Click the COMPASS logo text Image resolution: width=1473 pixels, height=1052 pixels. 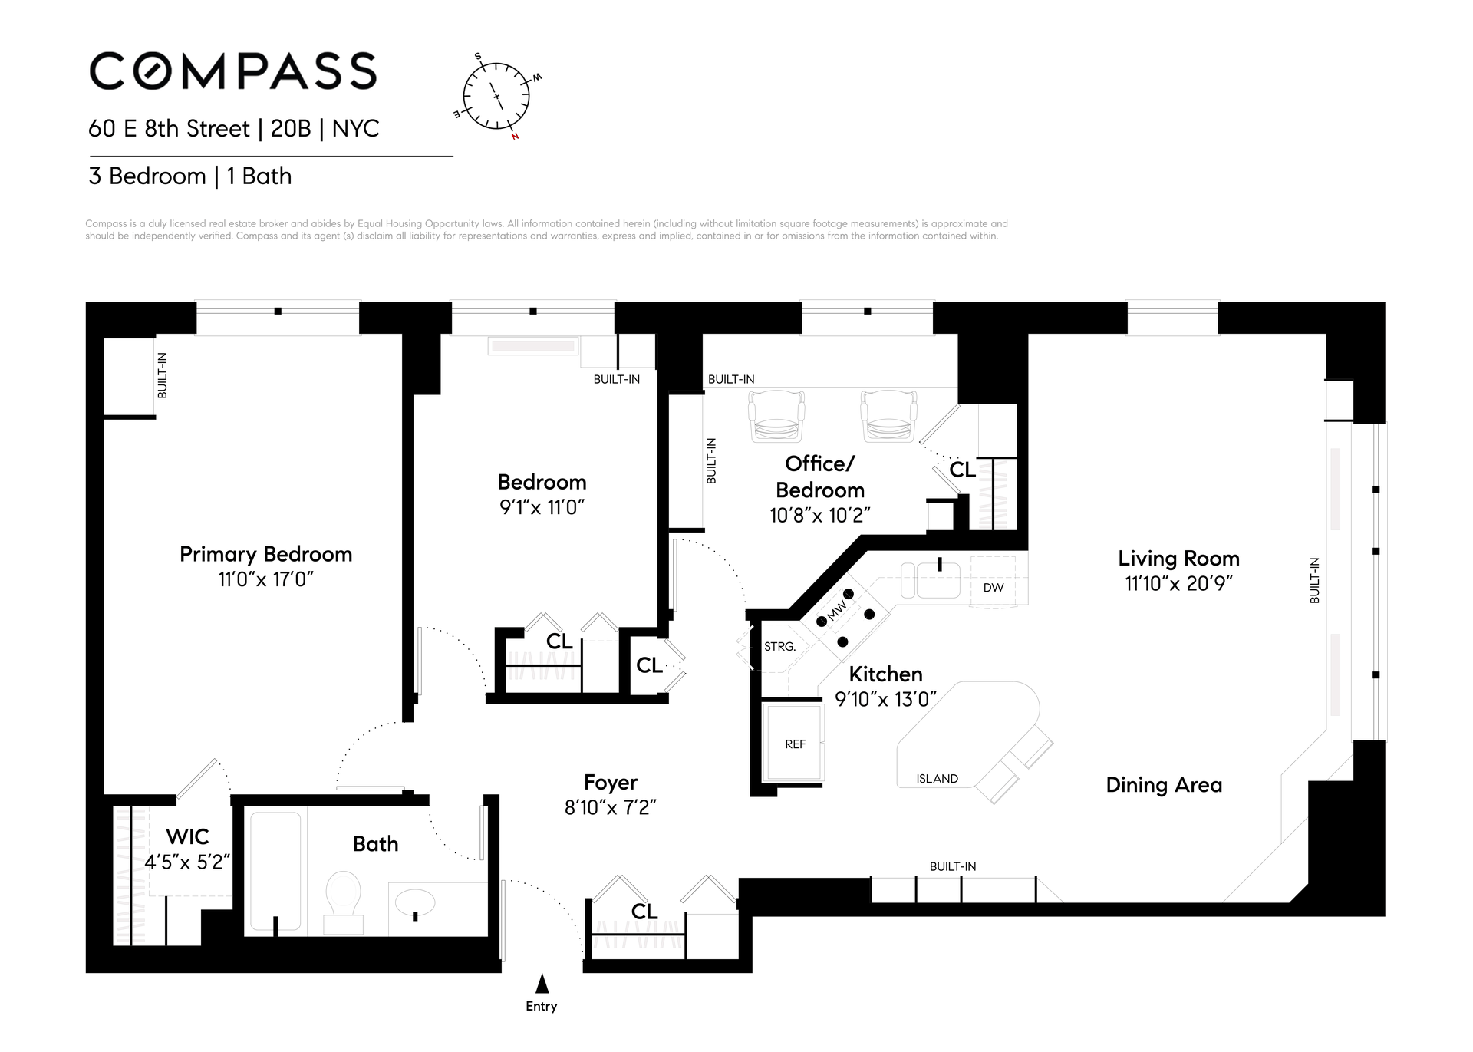(x=233, y=71)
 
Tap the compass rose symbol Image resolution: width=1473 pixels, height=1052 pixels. (x=496, y=96)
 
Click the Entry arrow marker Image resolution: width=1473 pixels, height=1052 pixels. (x=542, y=984)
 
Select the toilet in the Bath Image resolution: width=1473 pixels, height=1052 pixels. (x=343, y=901)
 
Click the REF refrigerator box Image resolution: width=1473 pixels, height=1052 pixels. (x=794, y=743)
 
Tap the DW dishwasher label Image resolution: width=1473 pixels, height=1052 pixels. (x=994, y=588)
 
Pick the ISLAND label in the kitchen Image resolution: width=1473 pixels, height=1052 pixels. (x=937, y=779)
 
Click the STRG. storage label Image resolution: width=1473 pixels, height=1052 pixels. (x=779, y=647)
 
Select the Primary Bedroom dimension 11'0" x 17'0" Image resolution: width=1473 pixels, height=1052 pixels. (x=265, y=579)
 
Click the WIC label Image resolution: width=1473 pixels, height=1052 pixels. (x=187, y=836)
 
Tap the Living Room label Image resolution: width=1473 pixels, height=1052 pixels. (x=1178, y=559)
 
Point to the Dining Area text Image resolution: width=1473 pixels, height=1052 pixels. (x=1164, y=785)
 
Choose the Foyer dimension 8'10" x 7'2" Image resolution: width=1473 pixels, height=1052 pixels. (x=611, y=808)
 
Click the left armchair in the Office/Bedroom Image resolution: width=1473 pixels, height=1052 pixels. (x=777, y=416)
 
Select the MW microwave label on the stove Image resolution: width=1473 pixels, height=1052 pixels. (x=837, y=611)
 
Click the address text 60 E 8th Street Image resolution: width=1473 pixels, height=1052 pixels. (x=170, y=129)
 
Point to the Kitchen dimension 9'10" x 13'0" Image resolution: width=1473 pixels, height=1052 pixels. (x=885, y=699)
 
